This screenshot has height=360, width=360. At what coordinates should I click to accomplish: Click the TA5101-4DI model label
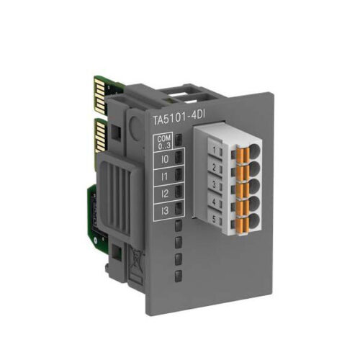point(179,120)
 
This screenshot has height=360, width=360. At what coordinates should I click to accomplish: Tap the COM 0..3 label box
point(164,142)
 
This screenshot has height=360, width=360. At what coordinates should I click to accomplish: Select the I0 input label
point(165,159)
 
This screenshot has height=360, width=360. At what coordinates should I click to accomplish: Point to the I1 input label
point(164,176)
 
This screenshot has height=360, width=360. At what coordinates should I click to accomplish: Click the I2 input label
point(165,194)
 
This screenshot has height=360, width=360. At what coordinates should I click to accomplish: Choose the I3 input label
point(165,211)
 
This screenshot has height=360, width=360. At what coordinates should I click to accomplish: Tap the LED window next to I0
point(179,158)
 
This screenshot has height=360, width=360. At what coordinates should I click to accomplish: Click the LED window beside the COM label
point(179,140)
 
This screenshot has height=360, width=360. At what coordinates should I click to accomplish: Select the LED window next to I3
point(179,208)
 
